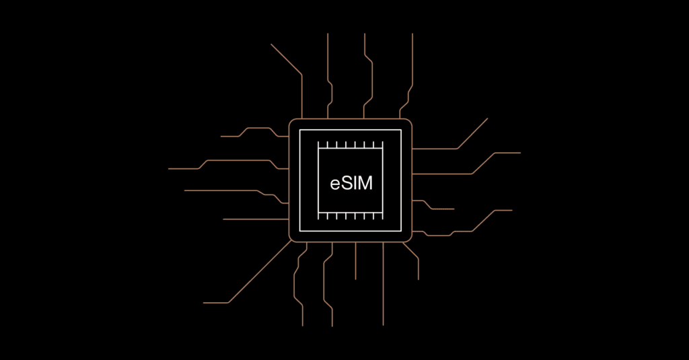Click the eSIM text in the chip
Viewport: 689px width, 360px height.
(351, 183)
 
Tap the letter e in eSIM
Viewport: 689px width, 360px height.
(335, 184)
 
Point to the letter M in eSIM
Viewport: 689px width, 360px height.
(365, 183)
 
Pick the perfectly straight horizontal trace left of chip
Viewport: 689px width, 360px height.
(256, 219)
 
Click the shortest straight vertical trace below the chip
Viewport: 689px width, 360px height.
(355, 260)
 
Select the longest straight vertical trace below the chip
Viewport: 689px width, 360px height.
(383, 283)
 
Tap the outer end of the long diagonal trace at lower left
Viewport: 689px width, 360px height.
(203, 303)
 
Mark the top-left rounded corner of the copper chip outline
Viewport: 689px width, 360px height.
(291, 121)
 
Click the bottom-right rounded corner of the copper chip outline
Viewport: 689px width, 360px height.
(409, 239)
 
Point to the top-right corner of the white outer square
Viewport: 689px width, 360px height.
(401, 130)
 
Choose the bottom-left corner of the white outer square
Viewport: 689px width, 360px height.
(300, 230)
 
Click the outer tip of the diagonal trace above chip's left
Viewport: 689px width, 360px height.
(271, 44)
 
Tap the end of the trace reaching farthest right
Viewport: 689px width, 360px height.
(520, 153)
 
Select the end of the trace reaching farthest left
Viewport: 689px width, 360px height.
(169, 169)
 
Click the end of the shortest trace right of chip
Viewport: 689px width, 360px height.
(454, 209)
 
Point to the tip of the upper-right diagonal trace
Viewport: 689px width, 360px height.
(487, 118)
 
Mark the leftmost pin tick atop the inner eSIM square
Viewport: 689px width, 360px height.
(318, 145)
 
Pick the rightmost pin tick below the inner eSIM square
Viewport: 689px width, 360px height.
(383, 215)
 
